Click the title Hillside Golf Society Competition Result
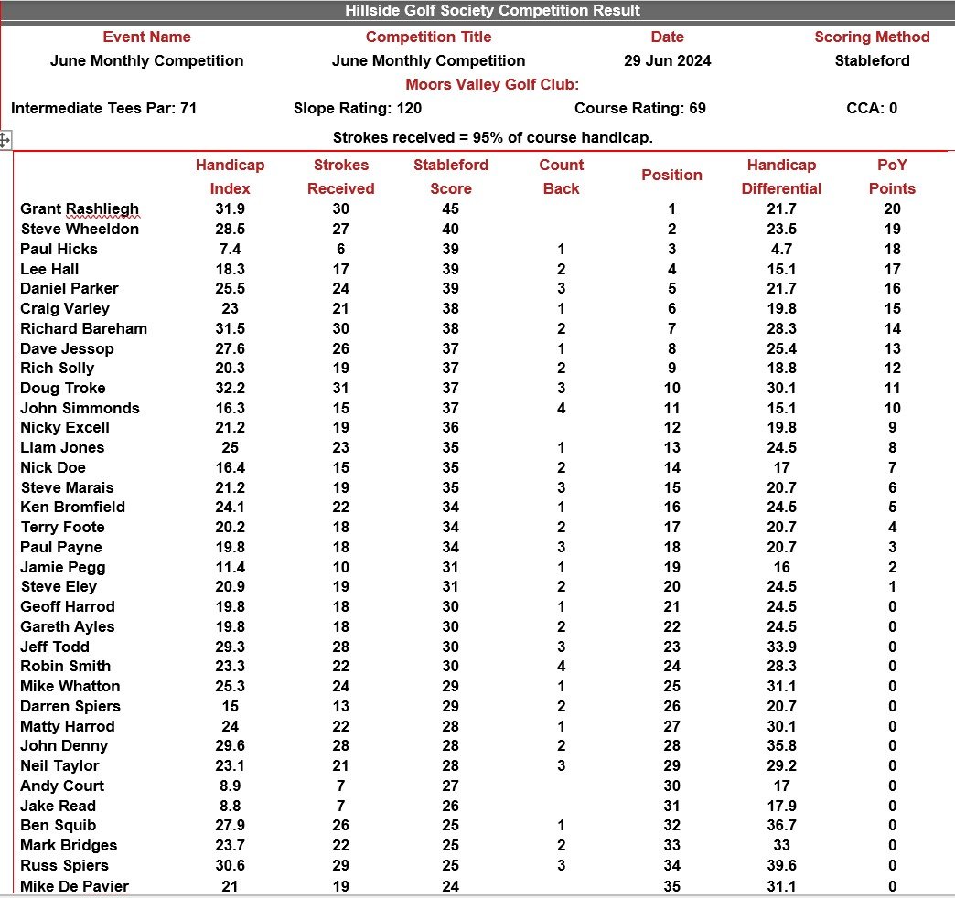(492, 11)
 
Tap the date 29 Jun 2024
(667, 61)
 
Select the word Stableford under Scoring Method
(872, 61)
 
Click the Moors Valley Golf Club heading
(492, 85)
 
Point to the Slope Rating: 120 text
(358, 108)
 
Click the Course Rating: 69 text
(639, 108)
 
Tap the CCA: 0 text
(872, 108)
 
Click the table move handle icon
(5, 140)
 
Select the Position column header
(671, 175)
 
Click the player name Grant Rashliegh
(80, 209)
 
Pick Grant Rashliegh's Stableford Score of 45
(450, 209)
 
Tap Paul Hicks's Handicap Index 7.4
(230, 249)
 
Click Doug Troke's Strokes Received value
(340, 389)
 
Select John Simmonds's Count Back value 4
(561, 409)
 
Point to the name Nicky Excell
(65, 428)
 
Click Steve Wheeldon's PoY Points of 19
(892, 230)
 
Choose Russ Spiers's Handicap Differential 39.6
(781, 866)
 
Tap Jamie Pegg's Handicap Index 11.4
(230, 568)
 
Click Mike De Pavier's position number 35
(672, 886)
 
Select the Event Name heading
(146, 37)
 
